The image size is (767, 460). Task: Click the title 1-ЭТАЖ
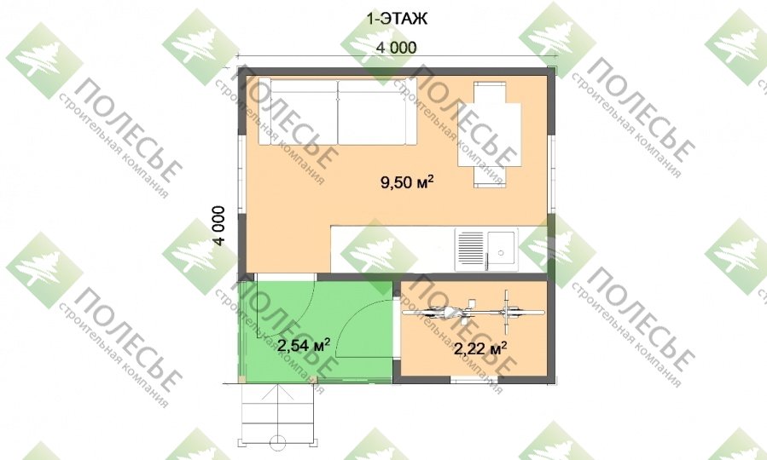[397, 19]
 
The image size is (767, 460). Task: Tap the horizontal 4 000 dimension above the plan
[396, 48]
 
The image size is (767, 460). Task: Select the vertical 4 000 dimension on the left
[219, 226]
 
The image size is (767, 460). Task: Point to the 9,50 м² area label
[407, 182]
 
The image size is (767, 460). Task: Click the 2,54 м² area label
[303, 345]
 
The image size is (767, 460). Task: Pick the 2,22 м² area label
[480, 348]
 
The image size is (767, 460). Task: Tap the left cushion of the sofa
[298, 112]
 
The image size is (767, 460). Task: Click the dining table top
[489, 135]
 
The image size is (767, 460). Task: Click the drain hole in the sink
[501, 252]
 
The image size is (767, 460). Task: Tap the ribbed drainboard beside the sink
[471, 248]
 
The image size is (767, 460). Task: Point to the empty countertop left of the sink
[392, 249]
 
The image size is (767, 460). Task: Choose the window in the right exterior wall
[551, 174]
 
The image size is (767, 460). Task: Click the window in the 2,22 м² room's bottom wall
[474, 379]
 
